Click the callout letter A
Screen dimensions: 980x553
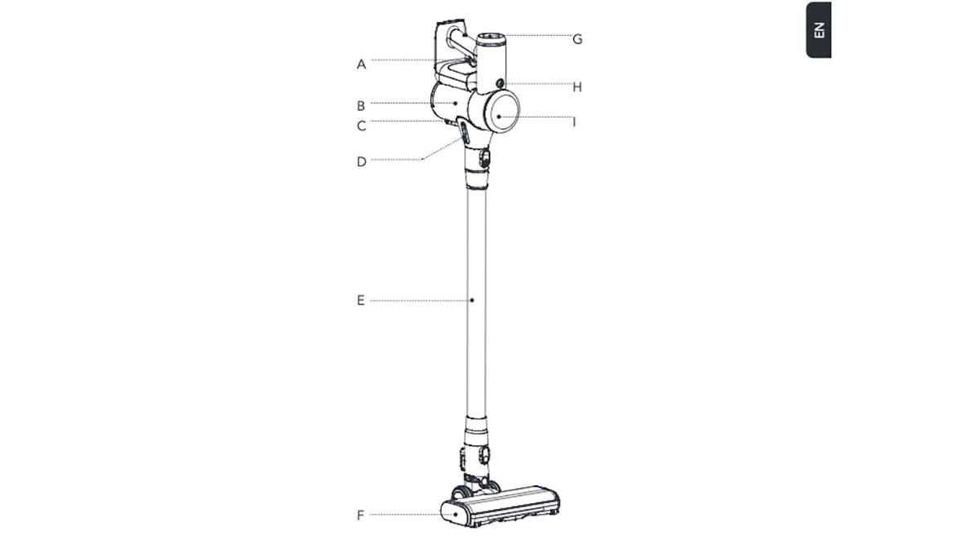click(x=361, y=64)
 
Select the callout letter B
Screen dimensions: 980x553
click(x=361, y=106)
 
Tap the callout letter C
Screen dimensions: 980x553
click(x=361, y=126)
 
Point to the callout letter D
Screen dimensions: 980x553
click(x=361, y=161)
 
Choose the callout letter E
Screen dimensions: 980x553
click(x=360, y=300)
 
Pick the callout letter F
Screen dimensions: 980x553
click(x=360, y=515)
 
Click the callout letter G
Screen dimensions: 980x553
click(x=577, y=39)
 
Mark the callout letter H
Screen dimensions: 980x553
click(x=577, y=87)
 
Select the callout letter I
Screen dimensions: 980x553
click(x=574, y=122)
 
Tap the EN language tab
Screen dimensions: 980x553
click(x=819, y=29)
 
